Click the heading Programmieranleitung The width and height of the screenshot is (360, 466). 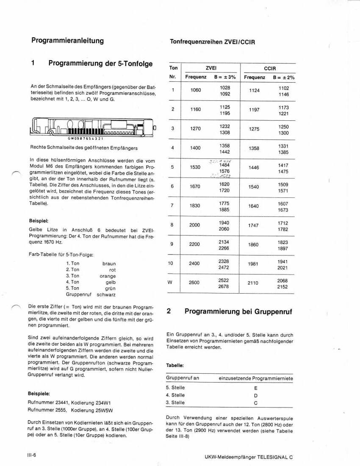click(67, 41)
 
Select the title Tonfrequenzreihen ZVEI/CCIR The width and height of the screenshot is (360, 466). click(212, 42)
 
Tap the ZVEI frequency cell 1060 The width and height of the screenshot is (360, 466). click(196, 90)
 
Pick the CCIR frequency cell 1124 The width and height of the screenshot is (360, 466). click(254, 90)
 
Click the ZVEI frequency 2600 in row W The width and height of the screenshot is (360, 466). click(194, 283)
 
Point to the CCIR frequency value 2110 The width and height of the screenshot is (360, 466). click(253, 283)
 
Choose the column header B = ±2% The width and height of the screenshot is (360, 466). click(284, 78)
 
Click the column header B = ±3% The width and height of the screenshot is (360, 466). click(225, 78)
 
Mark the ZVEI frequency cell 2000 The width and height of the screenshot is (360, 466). click(194, 225)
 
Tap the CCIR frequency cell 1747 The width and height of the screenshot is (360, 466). click(253, 225)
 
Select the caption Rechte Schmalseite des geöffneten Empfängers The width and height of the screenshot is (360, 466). click(83, 148)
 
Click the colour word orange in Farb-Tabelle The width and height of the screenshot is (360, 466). click(108, 276)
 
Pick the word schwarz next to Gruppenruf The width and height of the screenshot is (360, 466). click(106, 294)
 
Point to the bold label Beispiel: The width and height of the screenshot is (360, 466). click(39, 221)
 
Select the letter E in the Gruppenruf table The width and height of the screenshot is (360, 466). click(255, 388)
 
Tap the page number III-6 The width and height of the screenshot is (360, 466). click(32, 455)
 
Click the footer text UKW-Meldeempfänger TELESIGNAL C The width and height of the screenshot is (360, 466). click(248, 457)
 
